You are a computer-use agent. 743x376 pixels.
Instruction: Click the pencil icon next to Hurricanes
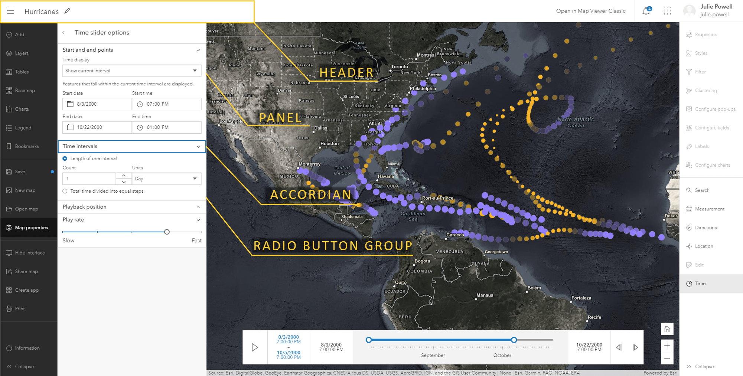(x=67, y=11)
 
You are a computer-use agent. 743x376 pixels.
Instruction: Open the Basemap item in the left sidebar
(x=25, y=91)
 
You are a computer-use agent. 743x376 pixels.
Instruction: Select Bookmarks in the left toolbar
(x=26, y=146)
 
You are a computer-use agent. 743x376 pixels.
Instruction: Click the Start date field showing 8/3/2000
(x=97, y=104)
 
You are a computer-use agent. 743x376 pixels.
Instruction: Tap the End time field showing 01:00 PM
(x=167, y=127)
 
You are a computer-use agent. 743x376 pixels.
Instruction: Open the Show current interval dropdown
(x=131, y=71)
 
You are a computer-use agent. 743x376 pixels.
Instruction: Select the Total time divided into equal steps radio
(x=65, y=191)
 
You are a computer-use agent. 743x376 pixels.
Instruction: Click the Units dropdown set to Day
(x=166, y=179)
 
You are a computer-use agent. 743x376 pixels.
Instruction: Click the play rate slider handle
(x=167, y=232)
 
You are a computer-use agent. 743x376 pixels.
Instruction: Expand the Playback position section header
(x=131, y=207)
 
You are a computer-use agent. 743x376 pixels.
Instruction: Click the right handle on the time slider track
(x=514, y=340)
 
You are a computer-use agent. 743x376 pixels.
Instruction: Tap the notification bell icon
(x=646, y=11)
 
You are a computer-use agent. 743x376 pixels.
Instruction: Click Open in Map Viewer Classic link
(x=590, y=11)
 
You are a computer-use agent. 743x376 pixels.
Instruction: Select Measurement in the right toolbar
(x=709, y=209)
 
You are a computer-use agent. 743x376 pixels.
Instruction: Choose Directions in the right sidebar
(x=705, y=228)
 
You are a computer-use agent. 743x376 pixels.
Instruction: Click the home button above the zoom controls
(x=667, y=329)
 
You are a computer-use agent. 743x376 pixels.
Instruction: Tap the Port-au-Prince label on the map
(x=438, y=198)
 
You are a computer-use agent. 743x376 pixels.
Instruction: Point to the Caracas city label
(x=455, y=235)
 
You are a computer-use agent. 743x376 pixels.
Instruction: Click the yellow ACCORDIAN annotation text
(x=310, y=194)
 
